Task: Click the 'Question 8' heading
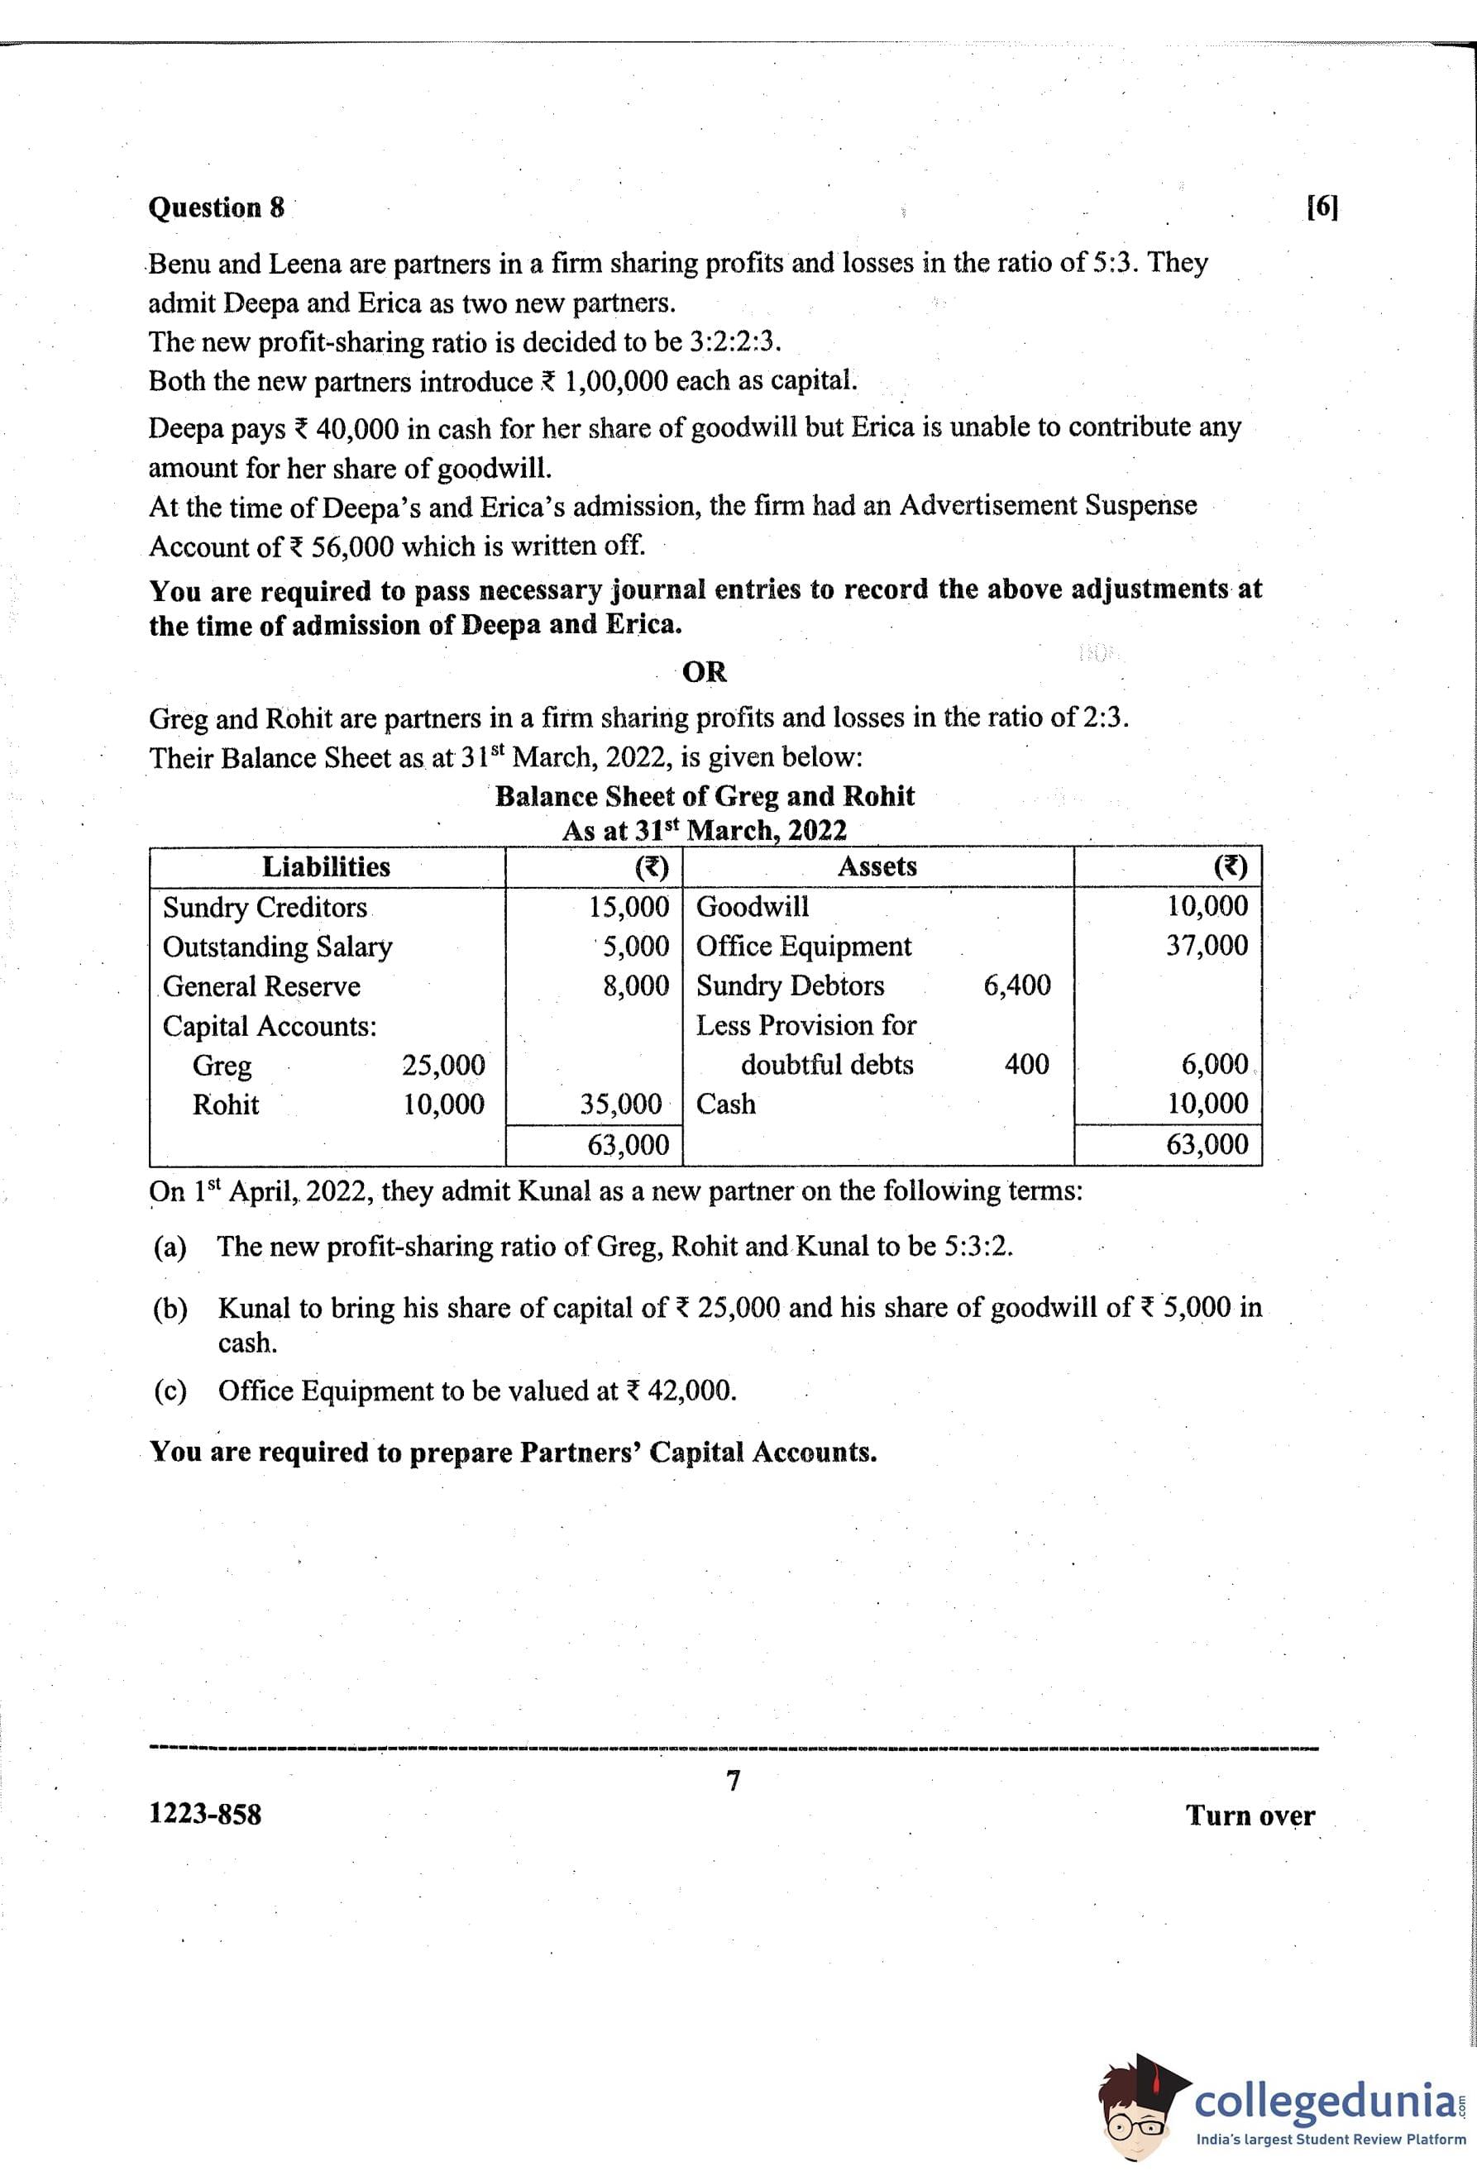216,208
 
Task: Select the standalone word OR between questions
705,671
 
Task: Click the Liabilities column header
326,867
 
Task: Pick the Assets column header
877,867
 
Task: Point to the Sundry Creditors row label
265,907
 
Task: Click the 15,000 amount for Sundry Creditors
629,906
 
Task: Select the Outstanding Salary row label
278,947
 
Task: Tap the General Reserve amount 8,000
635,985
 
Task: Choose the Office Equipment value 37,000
1206,946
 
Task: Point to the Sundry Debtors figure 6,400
1016,985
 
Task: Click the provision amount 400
1027,1064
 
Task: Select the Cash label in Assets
726,1105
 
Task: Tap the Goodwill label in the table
753,906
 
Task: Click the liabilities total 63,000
628,1144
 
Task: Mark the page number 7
734,1782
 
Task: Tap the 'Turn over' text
1250,1815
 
